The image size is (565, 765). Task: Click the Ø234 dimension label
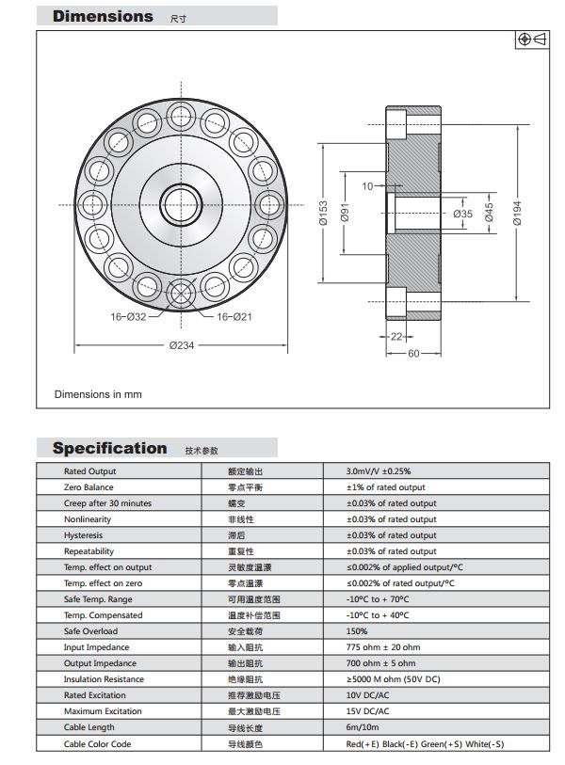tap(182, 345)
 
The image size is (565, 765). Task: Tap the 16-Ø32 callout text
tap(128, 317)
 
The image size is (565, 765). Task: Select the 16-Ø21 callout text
tap(234, 317)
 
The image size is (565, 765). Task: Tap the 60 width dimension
tap(413, 354)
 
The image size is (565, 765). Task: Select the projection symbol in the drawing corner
tap(533, 40)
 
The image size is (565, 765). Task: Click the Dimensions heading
tap(103, 16)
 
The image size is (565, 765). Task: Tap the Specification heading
tap(109, 448)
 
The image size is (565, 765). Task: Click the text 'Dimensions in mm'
tap(98, 394)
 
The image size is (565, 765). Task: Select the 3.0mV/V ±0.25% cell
tap(379, 471)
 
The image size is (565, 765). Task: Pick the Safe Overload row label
tap(90, 631)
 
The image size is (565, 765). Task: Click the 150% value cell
tap(358, 631)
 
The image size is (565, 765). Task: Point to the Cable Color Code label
tap(97, 744)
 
